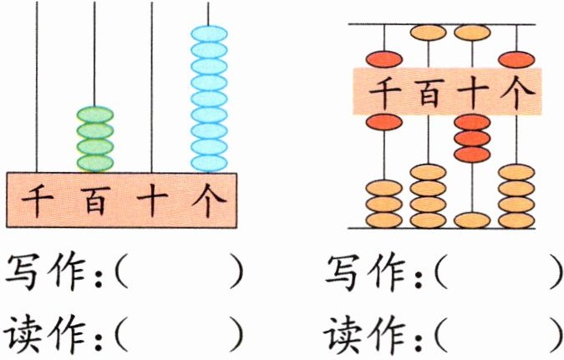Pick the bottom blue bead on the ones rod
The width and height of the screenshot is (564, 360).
209,160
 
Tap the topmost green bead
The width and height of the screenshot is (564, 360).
94,114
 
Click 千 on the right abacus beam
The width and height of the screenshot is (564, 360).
384,91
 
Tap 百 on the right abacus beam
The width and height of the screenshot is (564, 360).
429,91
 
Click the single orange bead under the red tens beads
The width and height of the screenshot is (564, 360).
473,221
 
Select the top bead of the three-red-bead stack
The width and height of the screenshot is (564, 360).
473,123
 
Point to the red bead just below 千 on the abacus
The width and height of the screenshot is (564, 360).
384,122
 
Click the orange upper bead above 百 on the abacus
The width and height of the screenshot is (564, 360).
429,34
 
